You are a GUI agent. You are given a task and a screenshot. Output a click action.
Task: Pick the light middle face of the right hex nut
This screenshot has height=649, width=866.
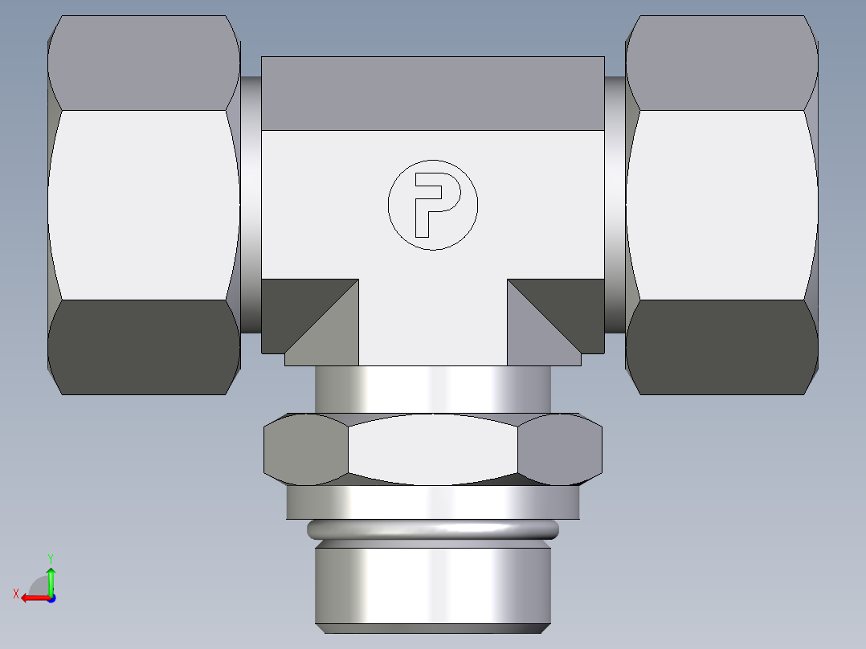pyautogui.click(x=721, y=205)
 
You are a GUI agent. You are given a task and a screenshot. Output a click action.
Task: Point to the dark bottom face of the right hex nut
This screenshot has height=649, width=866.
pyautogui.click(x=721, y=347)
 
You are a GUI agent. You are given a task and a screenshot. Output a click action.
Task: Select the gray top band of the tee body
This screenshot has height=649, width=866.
pyautogui.click(x=432, y=93)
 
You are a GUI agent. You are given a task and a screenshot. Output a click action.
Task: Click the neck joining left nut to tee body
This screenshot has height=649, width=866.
pyautogui.click(x=251, y=205)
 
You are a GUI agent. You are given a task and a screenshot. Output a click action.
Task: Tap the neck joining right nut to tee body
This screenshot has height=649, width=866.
pyautogui.click(x=615, y=205)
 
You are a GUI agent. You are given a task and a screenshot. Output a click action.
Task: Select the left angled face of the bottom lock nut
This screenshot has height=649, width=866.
pyautogui.click(x=305, y=450)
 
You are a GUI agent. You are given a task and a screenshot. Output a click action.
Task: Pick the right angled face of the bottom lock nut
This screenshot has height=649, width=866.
pyautogui.click(x=561, y=450)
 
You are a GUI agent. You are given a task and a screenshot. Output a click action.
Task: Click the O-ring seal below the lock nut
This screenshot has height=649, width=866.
pyautogui.click(x=432, y=529)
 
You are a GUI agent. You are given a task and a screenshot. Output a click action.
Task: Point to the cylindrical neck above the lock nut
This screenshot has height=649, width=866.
pyautogui.click(x=432, y=390)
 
